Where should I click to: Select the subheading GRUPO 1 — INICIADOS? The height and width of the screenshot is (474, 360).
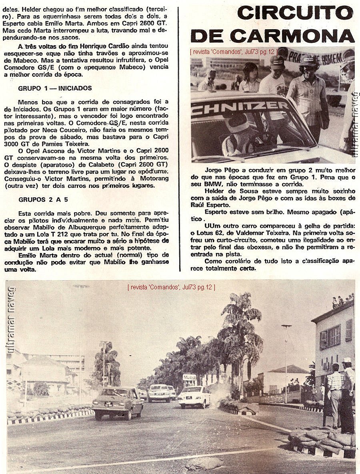click(55, 88)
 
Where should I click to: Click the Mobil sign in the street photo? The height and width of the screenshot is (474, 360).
click(189, 377)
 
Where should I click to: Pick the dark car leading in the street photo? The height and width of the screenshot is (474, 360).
click(118, 402)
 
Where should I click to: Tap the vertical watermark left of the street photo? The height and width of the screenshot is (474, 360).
click(11, 320)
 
